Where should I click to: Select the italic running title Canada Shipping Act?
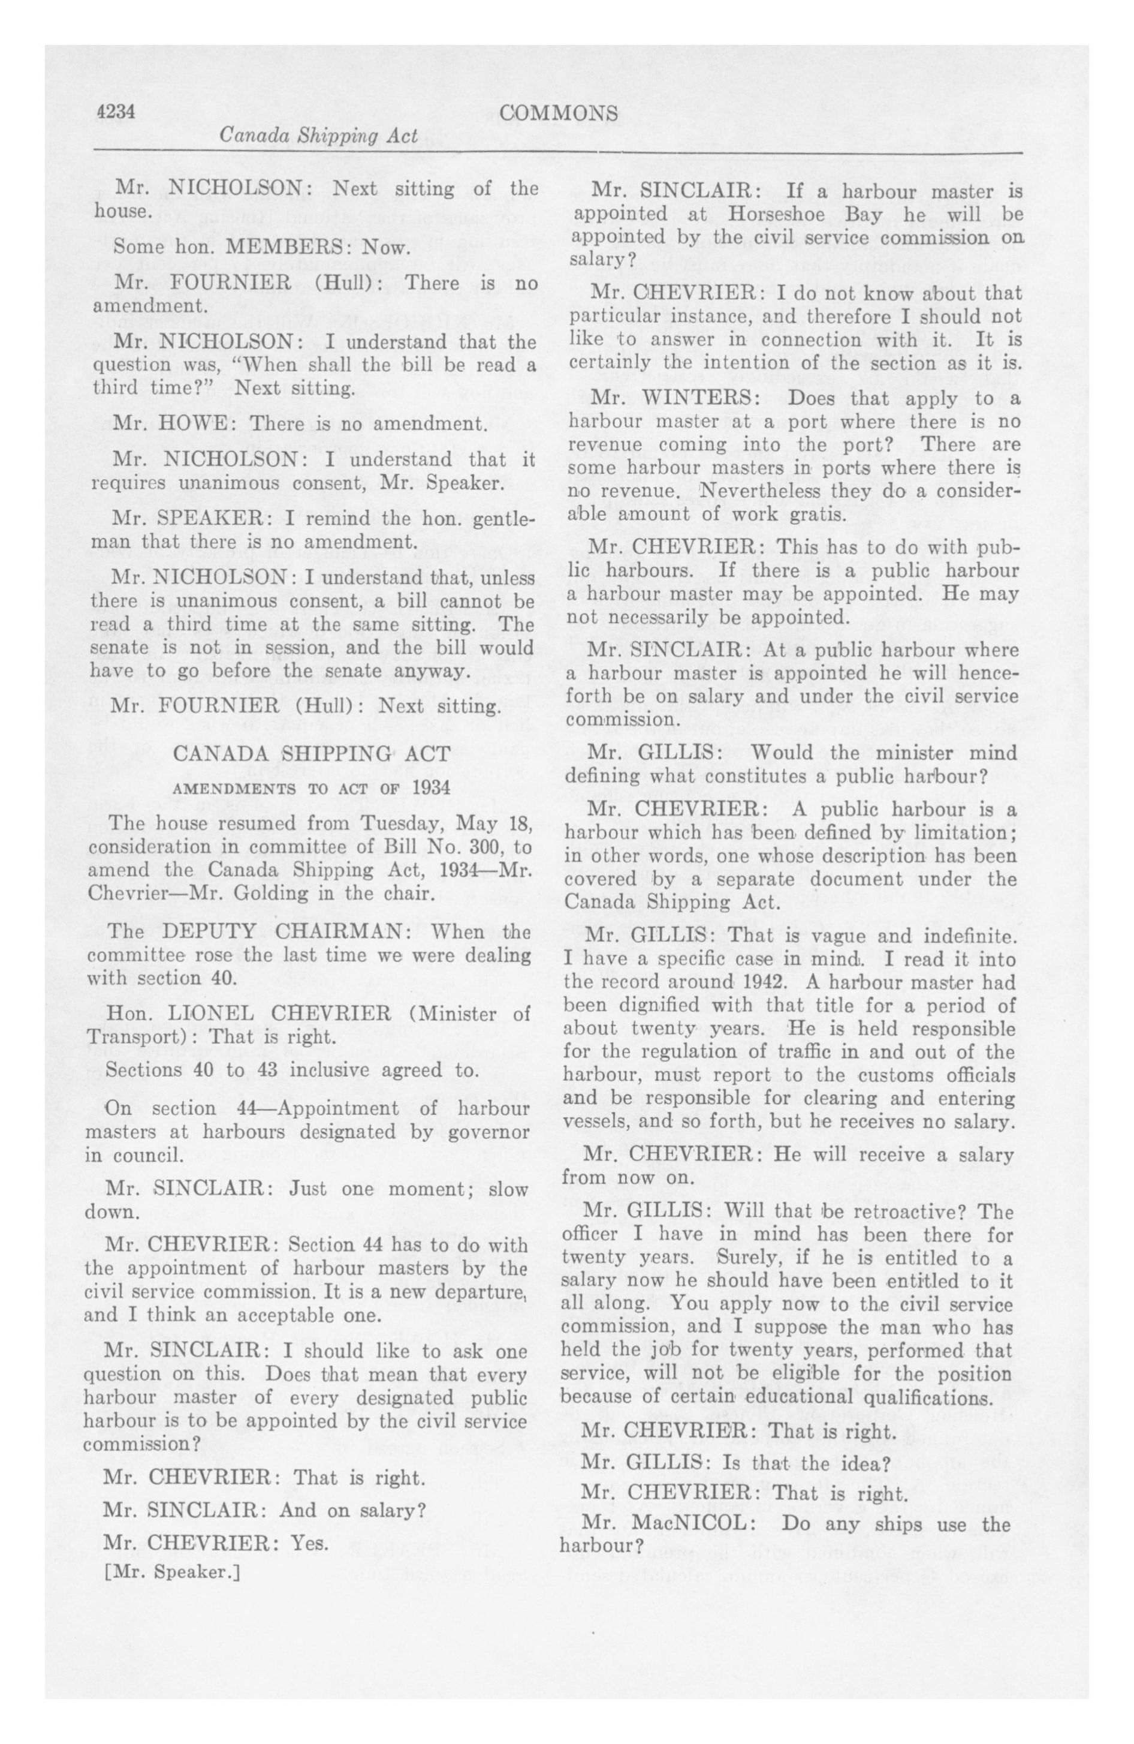pyautogui.click(x=319, y=136)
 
